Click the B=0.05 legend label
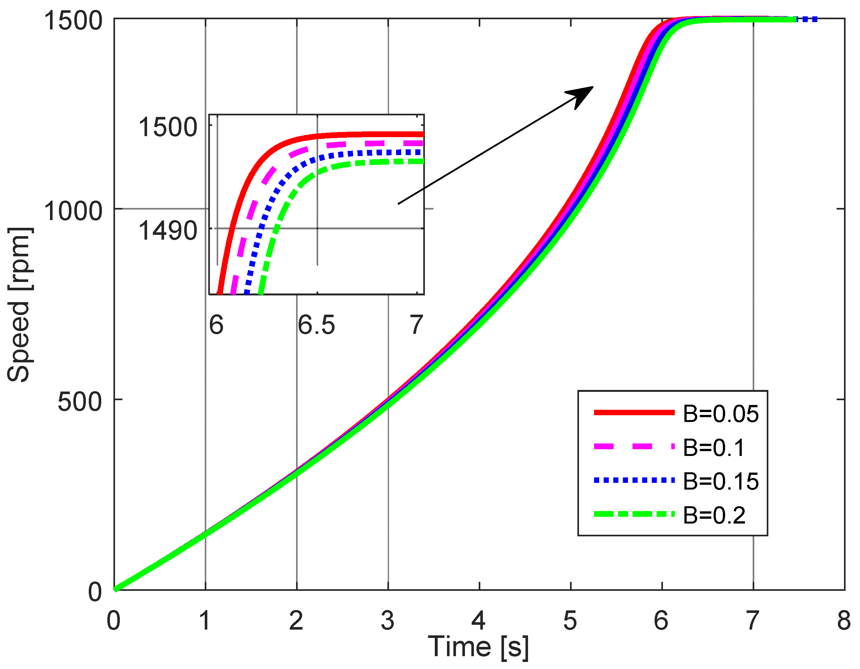[720, 414]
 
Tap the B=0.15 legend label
[720, 481]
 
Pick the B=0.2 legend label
[714, 515]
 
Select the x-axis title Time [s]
[478, 647]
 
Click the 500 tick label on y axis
[80, 402]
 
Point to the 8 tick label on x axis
[843, 621]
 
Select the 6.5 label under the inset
[316, 325]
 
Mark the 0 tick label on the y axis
[95, 592]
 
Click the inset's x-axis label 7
[416, 325]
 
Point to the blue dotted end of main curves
[807, 19]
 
